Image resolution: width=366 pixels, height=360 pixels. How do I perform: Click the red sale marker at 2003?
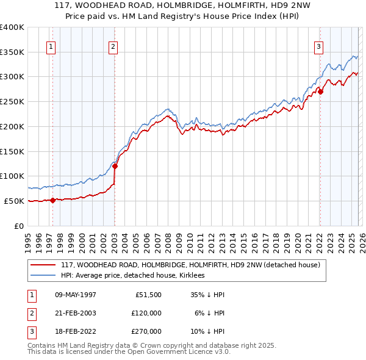pos(115,166)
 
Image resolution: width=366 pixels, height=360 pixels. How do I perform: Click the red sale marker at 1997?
pos(52,200)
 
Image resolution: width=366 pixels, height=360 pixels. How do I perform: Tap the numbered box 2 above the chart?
pos(113,46)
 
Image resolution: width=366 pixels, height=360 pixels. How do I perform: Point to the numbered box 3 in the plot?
pos(318,46)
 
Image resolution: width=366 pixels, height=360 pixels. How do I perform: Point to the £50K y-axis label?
pos(14,201)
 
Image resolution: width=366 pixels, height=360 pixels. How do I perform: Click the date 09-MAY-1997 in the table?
pos(76,295)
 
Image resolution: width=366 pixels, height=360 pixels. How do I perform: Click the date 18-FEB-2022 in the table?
pos(76,331)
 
